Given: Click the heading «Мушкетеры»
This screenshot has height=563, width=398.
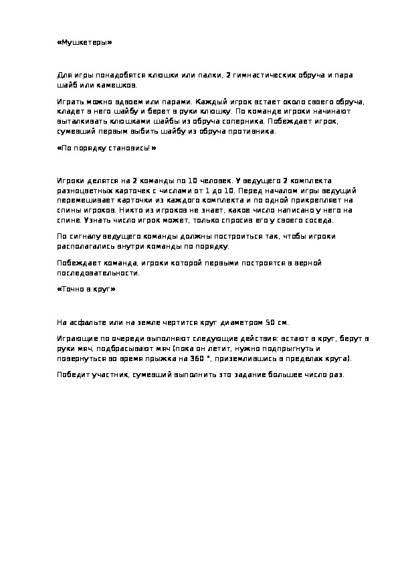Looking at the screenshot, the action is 84,42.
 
